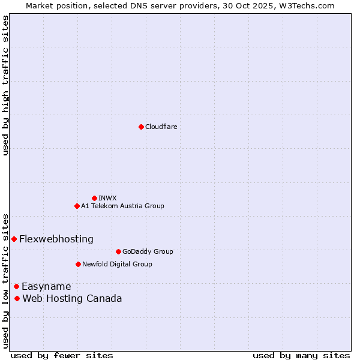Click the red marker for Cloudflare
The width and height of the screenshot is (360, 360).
coord(141,127)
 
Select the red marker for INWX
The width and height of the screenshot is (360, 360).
coord(94,198)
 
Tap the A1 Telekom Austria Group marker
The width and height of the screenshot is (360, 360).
coord(77,206)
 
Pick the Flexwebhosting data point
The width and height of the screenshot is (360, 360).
coord(14,239)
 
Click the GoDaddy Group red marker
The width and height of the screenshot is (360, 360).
coord(118,251)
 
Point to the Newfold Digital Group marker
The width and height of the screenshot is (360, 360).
coord(78,264)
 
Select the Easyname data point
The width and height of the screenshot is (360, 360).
coord(16,286)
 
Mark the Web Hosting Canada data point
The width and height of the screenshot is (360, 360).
coord(17,298)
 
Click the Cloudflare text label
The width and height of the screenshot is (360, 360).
coord(161,127)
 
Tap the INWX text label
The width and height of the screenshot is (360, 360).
coord(108,198)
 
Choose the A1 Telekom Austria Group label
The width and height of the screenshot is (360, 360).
coord(122,206)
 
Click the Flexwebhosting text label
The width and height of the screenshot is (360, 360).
coord(56,239)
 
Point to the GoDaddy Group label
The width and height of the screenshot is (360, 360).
coord(148,251)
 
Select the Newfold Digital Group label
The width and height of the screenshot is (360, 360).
coord(117,264)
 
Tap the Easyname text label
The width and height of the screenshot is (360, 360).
coord(46,286)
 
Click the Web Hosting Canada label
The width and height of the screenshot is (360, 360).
coord(72,298)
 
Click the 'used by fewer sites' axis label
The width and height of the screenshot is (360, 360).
coord(62,355)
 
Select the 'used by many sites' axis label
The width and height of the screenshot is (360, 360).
coord(301,355)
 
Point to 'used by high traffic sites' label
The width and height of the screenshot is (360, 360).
coord(5,85)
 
